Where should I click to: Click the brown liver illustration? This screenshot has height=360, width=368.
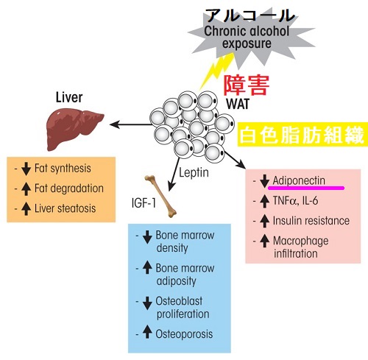74,130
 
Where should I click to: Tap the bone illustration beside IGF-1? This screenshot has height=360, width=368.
160,197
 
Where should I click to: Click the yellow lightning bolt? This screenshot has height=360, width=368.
216,71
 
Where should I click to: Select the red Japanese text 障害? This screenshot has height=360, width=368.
247,85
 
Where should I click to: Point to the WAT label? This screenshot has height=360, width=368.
238,104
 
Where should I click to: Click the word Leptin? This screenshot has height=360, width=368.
194,173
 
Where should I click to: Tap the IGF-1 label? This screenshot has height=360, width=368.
144,203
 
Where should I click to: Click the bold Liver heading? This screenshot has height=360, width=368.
69,97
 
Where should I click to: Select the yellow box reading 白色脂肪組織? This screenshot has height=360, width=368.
302,135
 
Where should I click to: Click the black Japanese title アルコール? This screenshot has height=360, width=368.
250,15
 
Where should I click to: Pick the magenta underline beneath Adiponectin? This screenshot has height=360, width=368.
306,188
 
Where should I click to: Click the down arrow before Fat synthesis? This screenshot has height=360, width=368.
26,169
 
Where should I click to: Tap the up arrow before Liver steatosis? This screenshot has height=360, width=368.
26,209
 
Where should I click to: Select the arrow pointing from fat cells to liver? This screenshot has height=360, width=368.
131,124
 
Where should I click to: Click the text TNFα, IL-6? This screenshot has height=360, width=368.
295,200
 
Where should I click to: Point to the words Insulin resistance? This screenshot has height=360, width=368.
311,220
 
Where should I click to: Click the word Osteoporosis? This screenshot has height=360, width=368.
184,334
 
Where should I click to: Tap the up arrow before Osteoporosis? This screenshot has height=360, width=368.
147,331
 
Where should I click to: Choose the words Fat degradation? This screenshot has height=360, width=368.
69,188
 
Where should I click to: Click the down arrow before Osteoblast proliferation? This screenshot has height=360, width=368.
147,303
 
